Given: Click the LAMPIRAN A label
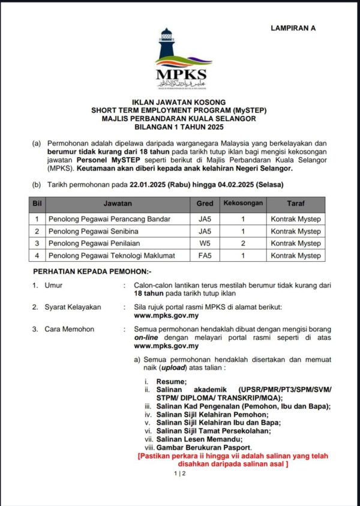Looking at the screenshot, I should click(x=293, y=28).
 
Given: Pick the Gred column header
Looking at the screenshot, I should click(x=205, y=203).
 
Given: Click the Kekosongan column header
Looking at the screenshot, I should click(x=243, y=203).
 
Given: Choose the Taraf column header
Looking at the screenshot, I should click(x=296, y=203).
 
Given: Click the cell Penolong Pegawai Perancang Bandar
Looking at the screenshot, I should click(x=101, y=219).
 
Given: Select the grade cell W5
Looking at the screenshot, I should click(x=205, y=244).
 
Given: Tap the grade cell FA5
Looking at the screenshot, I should click(x=205, y=256).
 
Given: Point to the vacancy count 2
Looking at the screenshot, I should click(x=243, y=244).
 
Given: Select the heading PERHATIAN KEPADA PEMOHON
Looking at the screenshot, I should click(x=92, y=271).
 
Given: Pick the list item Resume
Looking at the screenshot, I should click(x=172, y=382).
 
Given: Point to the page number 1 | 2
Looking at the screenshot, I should click(x=180, y=474).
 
